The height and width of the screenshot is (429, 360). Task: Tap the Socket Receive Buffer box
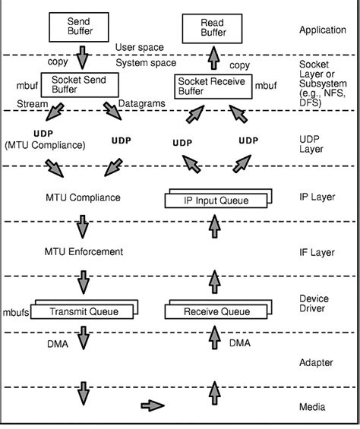[x=213, y=86]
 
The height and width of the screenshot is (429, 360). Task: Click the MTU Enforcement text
[x=84, y=251]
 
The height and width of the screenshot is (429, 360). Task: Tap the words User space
[x=140, y=47]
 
